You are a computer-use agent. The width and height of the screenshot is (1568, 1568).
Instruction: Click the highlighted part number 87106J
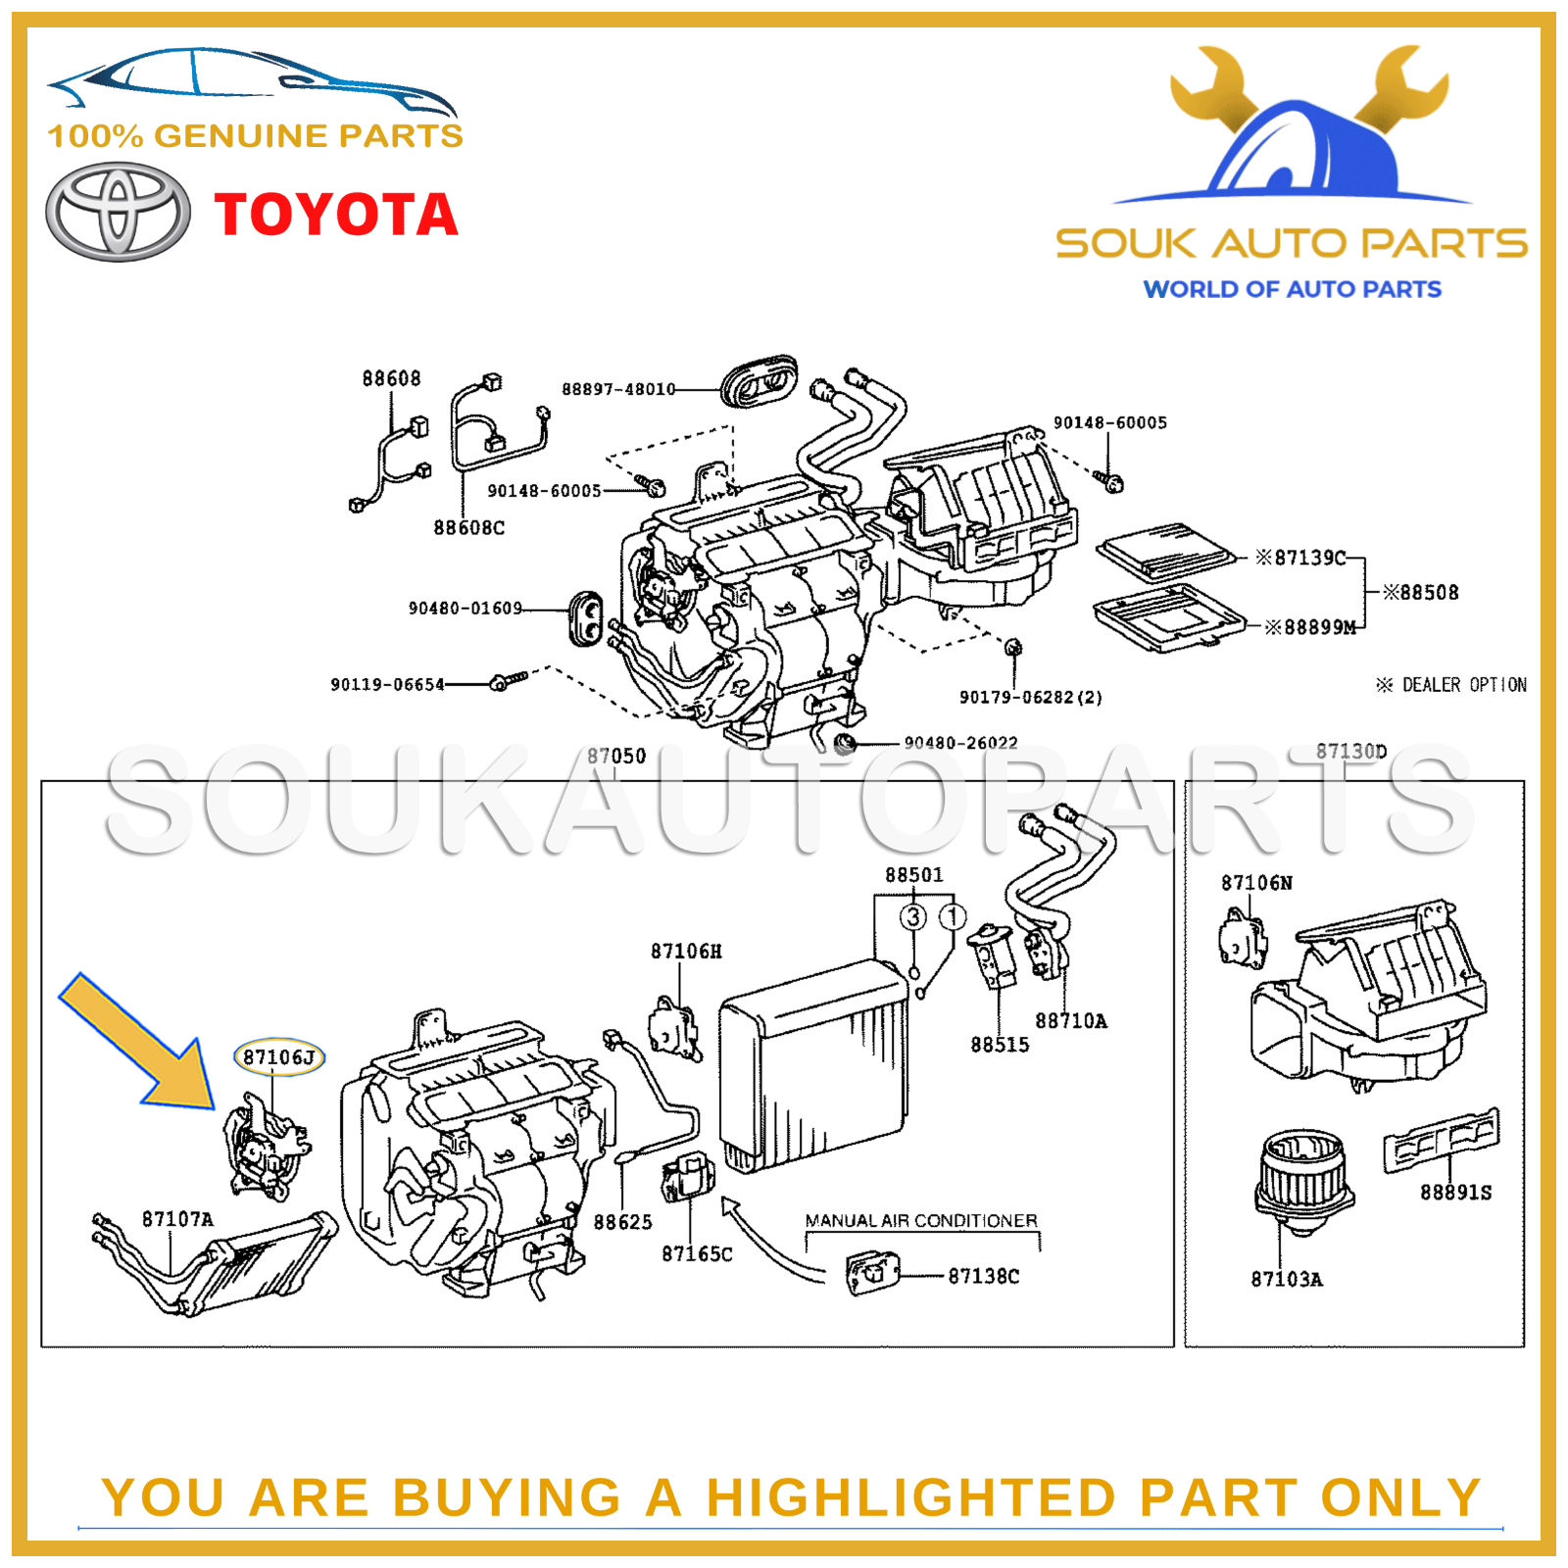279,1057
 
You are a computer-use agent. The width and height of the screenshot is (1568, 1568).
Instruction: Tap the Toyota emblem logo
119,213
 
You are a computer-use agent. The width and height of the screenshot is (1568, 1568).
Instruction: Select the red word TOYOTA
336,215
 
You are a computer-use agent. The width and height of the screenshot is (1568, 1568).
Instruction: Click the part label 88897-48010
618,389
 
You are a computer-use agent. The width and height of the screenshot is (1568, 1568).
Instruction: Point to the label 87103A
1286,1279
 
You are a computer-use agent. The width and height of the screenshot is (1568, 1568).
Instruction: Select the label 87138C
983,1276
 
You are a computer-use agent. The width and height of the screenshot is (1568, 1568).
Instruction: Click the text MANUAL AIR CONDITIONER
920,1221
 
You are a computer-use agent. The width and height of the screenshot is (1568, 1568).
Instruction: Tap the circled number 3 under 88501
913,917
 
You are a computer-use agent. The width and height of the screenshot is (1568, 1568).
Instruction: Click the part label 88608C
469,528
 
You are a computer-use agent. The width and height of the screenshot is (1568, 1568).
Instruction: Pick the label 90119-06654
387,684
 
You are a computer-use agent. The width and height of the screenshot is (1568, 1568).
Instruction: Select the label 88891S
1455,1193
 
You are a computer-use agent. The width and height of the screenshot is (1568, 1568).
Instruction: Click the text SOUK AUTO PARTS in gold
1292,244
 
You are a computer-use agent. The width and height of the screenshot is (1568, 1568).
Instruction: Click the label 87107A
177,1219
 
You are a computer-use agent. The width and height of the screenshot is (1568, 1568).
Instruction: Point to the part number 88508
1421,593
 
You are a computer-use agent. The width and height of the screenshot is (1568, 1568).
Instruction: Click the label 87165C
697,1254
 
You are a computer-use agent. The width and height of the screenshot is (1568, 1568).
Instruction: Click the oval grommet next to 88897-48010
759,381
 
